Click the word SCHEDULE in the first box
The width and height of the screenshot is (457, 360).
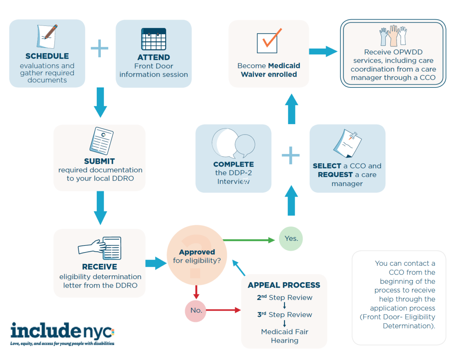pos(47,56)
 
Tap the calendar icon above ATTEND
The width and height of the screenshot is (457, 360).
pos(154,39)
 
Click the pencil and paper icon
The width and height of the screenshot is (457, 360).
pos(47,36)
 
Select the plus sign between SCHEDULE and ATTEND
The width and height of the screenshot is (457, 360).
pos(100,48)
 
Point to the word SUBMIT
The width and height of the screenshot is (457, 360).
pos(99,161)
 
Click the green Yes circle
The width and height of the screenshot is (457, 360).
pos(291,239)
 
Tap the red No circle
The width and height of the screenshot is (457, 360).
pos(196,311)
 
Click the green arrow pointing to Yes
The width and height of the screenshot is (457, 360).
pos(248,240)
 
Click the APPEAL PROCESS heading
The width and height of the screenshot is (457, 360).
pos(284,285)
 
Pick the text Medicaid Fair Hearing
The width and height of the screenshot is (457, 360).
pos(285,336)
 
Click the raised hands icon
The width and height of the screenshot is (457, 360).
pos(393,36)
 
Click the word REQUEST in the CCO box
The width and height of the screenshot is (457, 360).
pos(335,175)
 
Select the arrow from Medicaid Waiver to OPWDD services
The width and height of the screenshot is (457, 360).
pos(323,51)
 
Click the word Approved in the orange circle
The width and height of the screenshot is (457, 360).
pos(197,252)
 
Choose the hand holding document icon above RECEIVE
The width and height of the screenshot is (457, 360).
pos(100,248)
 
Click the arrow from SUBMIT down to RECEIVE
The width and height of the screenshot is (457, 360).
pos(100,208)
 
